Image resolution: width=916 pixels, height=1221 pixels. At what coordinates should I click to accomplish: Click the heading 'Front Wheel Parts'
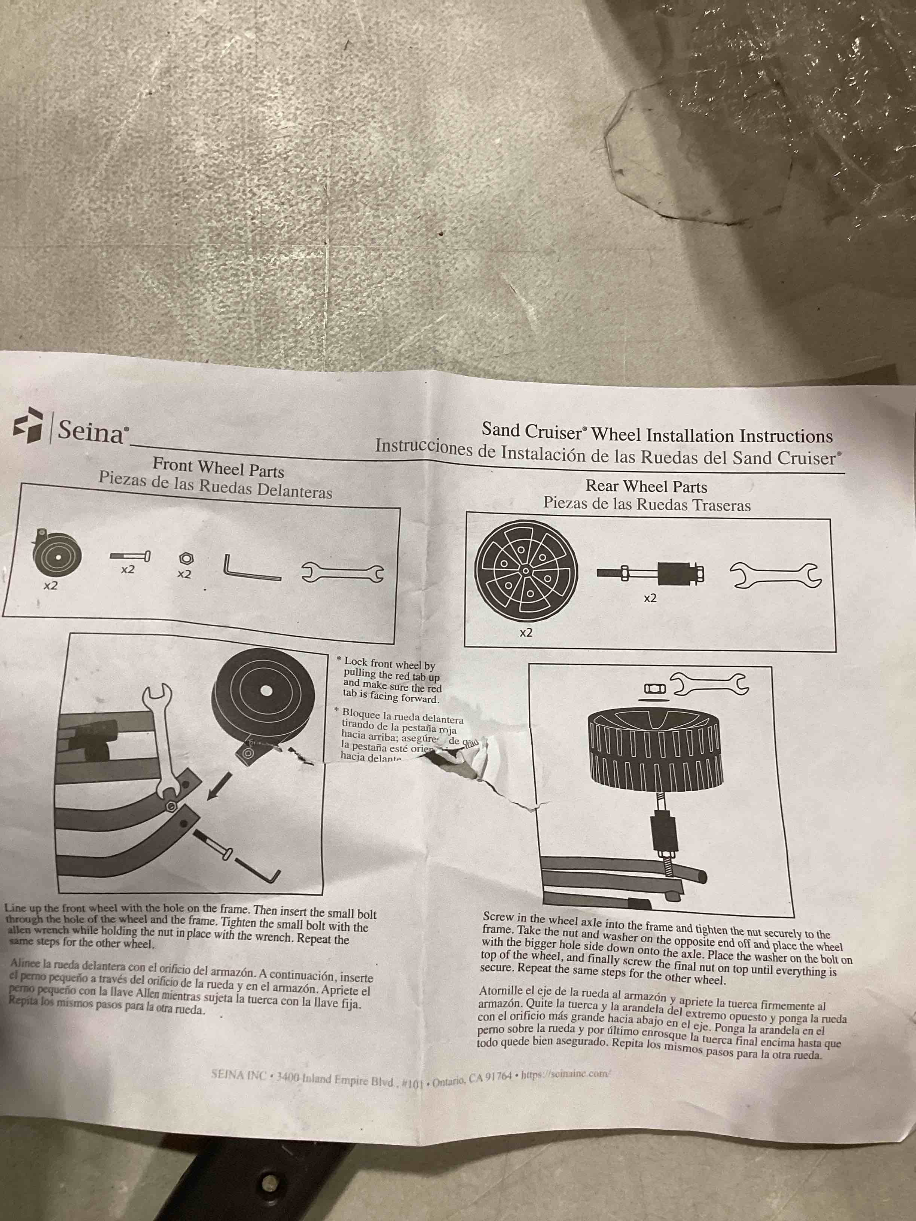click(x=218, y=467)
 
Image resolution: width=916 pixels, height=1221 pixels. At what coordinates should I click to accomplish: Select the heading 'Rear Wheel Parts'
click(x=646, y=486)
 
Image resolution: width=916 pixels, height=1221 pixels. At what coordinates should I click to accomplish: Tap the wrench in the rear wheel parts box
click(x=776, y=575)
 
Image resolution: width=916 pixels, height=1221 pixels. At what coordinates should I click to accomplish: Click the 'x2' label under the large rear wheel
click(x=526, y=633)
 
